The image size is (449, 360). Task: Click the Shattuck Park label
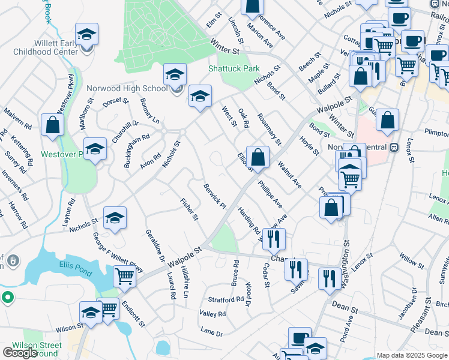pos(234,68)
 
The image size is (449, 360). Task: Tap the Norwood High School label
pos(127,89)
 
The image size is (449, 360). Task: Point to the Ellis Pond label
pos(74,265)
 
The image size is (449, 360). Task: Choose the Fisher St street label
pos(189,209)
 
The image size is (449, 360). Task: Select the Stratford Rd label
pos(226,298)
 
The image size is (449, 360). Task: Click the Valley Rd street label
pos(212,314)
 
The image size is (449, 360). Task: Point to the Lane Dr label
pos(211,332)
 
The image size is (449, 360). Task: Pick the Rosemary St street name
pos(269,129)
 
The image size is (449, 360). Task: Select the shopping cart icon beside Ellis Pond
pos(125,277)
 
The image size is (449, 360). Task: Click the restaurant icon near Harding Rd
pos(274,239)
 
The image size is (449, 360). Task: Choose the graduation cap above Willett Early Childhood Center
pos(86,34)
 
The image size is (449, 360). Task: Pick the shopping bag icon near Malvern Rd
pos(53,125)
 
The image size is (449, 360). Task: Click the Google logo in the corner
pos(20,353)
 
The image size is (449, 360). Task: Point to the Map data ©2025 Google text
pos(411,355)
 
